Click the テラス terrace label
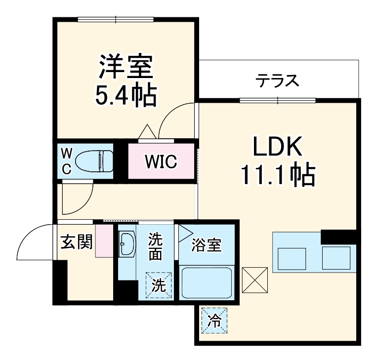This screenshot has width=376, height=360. point(277,80)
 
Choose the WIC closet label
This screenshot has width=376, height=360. point(161,162)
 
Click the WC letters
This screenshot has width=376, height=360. point(66,161)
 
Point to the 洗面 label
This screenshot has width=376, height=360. point(156,247)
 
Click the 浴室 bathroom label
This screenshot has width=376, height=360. point(207,244)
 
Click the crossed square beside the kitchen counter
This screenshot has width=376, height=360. point(255,280)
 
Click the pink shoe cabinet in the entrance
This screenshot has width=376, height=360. point(104,240)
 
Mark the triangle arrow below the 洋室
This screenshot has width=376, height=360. point(147,132)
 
